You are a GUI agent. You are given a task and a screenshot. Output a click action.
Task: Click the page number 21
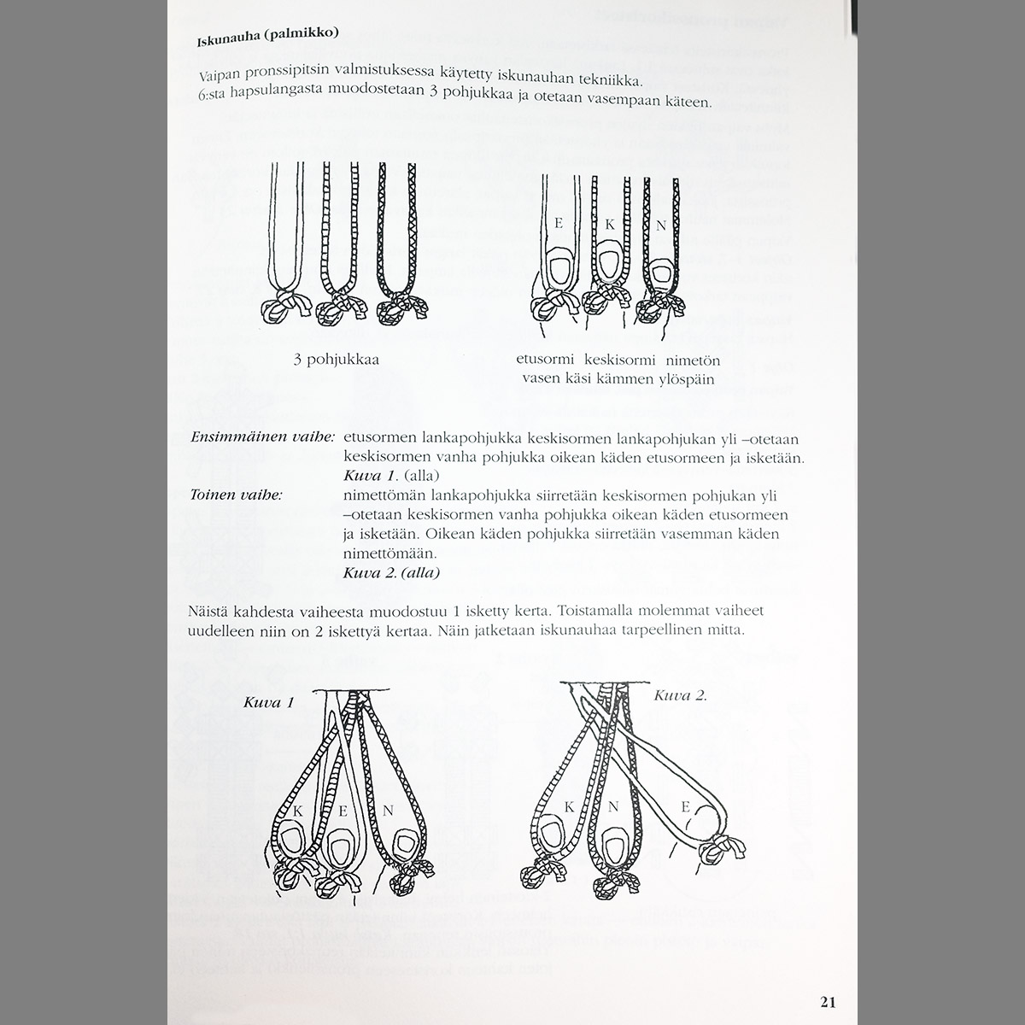(x=827, y=1001)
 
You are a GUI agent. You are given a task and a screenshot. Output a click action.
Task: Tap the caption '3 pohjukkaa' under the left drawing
(x=337, y=360)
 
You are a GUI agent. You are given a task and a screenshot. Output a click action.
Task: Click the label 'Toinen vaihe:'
(x=237, y=495)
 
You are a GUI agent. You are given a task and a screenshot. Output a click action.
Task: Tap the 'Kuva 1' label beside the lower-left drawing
(x=268, y=703)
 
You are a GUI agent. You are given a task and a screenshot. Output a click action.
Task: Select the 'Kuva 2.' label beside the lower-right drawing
(x=680, y=695)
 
